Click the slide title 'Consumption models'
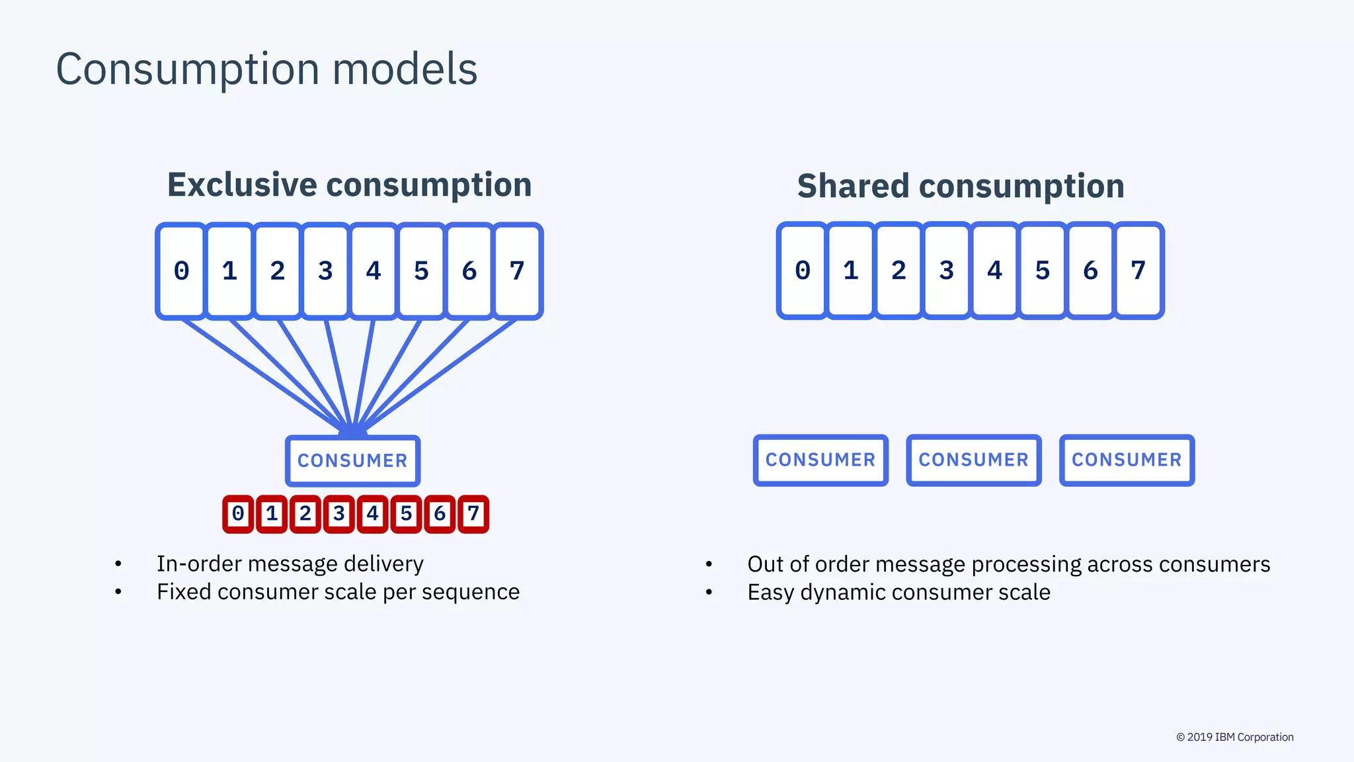266,69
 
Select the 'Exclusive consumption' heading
349,185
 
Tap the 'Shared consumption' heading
961,186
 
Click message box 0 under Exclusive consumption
181,271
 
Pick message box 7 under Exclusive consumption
517,271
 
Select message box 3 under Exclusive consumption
325,271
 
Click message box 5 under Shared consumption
1043,271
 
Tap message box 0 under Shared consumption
803,271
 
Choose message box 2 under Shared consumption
898,271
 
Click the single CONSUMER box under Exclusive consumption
352,460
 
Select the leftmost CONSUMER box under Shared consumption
820,460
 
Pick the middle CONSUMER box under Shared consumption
974,460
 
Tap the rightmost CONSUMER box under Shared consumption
1127,460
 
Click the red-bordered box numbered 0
238,514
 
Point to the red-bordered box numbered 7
473,514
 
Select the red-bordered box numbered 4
372,514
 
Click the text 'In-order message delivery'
290,564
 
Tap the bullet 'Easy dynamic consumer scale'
898,592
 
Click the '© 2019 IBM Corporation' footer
1234,737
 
